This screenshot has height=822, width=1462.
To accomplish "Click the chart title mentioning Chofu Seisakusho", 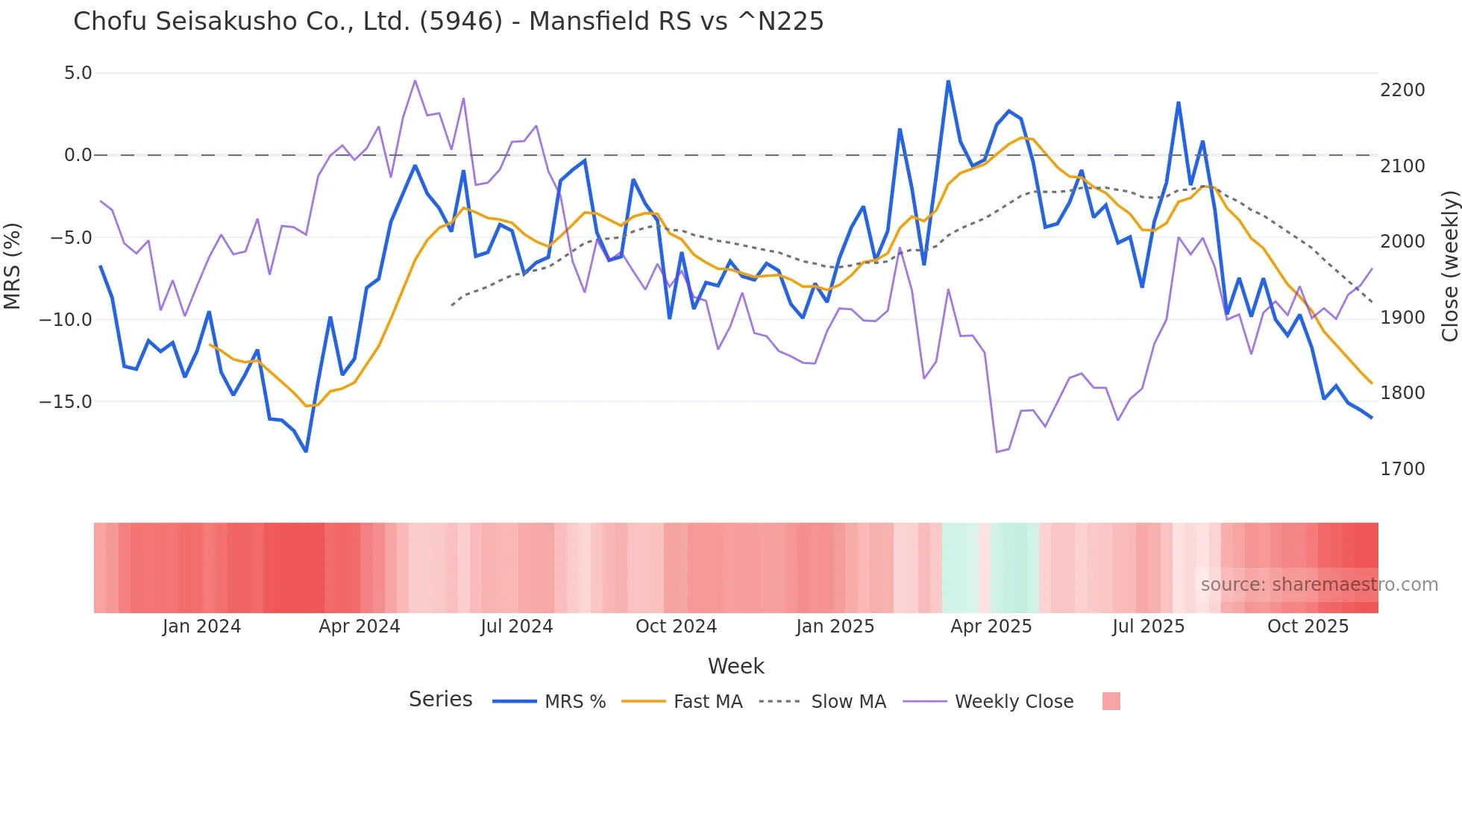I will click(448, 22).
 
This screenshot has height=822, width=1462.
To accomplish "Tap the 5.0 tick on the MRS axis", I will click(78, 73).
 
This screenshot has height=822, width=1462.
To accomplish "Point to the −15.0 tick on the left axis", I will click(66, 402).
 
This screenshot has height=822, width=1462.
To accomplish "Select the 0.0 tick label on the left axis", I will click(78, 155).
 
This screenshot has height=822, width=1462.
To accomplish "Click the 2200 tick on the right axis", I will click(1402, 90).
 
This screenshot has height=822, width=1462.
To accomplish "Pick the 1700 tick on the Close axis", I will click(1402, 469).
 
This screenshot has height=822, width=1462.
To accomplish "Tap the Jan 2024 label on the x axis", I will click(201, 627).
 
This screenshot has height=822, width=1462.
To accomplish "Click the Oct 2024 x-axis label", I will click(676, 627).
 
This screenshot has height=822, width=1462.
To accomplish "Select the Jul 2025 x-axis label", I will click(1148, 627).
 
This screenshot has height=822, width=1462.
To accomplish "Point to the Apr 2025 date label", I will click(991, 627).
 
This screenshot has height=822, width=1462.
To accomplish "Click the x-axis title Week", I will click(735, 666).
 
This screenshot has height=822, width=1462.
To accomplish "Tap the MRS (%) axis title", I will click(13, 266).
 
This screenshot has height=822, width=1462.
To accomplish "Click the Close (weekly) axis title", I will click(1449, 266).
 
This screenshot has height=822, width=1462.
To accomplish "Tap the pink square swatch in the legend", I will click(1111, 701).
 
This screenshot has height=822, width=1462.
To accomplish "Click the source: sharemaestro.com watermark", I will click(1319, 585).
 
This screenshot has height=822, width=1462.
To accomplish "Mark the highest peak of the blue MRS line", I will click(948, 81).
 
